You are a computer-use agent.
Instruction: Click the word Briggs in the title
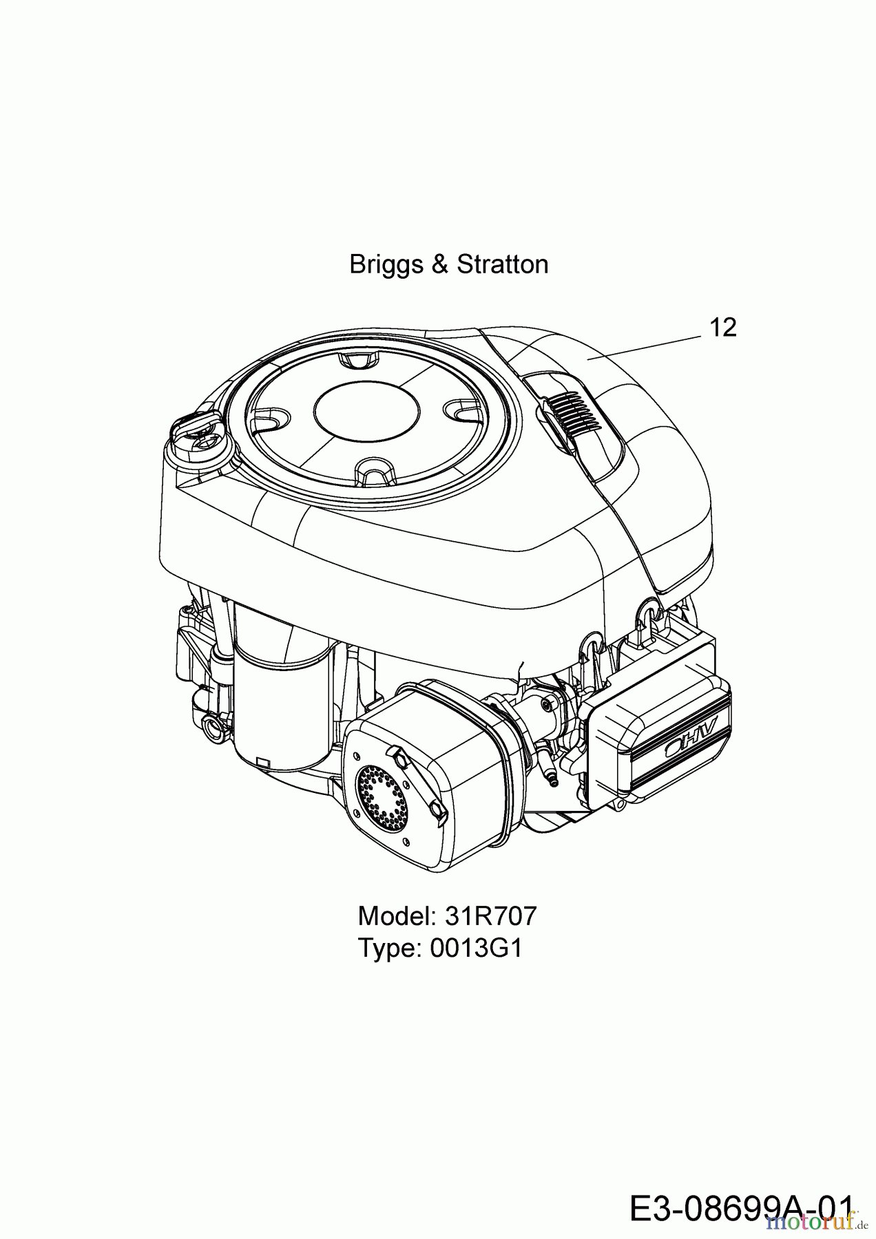tap(386, 265)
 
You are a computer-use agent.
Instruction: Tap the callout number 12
tap(722, 328)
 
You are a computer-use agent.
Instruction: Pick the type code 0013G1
tap(476, 949)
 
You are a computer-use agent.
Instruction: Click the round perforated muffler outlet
tap(377, 798)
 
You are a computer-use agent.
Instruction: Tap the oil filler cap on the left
tap(198, 433)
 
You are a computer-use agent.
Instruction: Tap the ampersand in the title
tap(439, 265)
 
